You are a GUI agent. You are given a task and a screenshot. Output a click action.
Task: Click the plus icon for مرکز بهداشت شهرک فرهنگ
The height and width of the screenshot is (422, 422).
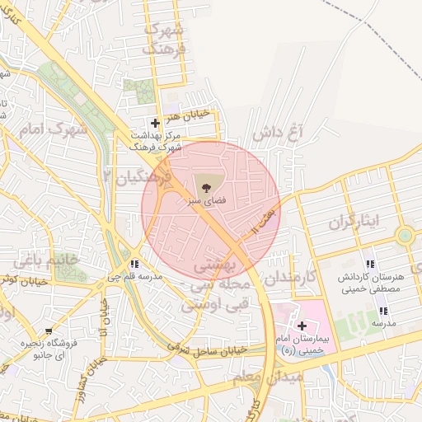(155, 123)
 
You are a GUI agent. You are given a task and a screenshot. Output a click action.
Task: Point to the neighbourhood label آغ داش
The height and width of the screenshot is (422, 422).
(278, 133)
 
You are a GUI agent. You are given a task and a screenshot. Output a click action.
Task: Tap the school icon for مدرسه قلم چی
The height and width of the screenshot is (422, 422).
(134, 264)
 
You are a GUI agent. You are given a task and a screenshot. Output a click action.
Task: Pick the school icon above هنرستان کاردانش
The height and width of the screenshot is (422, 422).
(369, 265)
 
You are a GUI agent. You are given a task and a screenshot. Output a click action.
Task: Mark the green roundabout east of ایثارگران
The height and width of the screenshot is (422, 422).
(405, 236)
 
